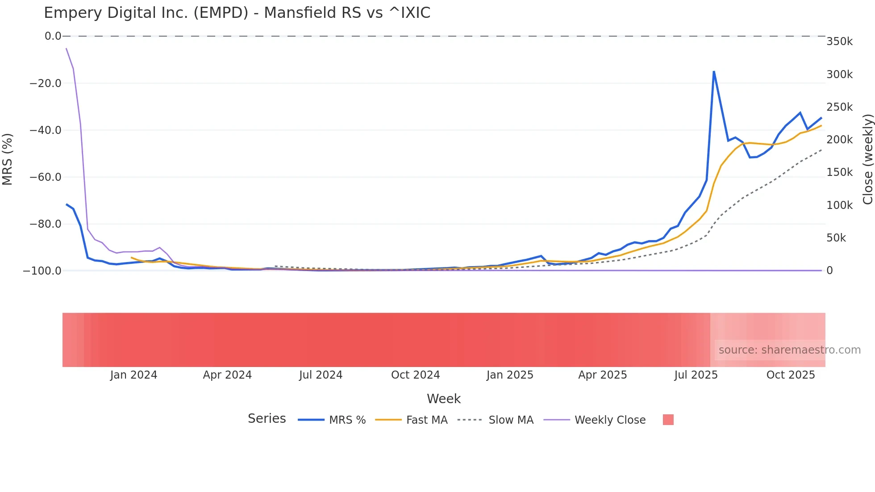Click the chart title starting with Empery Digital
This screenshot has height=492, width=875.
point(237,13)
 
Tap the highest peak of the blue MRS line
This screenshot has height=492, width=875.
point(714,71)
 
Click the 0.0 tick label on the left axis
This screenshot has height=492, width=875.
point(53,36)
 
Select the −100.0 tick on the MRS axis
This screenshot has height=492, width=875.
point(42,271)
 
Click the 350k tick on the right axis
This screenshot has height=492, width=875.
point(839,42)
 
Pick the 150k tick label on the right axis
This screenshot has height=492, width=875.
point(839,172)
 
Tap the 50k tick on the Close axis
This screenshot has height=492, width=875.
point(836,238)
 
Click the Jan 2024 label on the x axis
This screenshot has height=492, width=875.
point(133,375)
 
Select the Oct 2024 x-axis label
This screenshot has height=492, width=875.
point(415,375)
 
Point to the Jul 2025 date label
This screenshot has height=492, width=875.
point(696,375)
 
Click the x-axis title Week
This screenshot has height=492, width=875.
point(443,399)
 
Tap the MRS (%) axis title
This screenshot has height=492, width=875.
point(8,159)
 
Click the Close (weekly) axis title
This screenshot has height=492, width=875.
point(867,159)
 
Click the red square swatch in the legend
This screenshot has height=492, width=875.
point(668,420)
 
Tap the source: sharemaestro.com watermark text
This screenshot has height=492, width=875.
point(789,350)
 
